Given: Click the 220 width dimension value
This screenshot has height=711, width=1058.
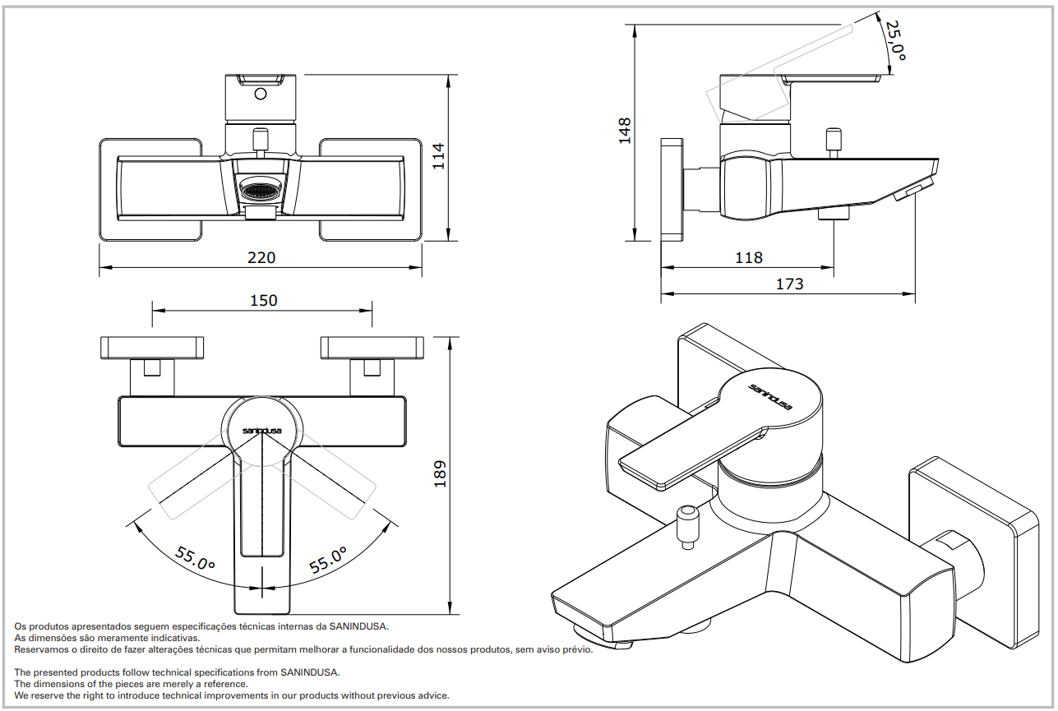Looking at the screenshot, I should (x=261, y=257).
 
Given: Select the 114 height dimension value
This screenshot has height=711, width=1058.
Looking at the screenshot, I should (x=439, y=156).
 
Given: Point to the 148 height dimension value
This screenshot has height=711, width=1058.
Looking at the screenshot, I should (x=625, y=131).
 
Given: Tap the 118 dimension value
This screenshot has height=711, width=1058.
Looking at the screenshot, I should (x=748, y=257).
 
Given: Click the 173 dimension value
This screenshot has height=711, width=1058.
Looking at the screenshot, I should (x=789, y=284).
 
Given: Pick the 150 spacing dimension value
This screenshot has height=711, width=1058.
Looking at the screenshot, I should (x=263, y=301).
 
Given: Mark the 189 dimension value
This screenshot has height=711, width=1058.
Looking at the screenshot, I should (x=440, y=474).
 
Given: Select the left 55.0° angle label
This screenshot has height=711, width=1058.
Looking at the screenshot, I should (x=195, y=560).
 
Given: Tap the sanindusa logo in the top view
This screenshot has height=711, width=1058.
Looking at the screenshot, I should (x=261, y=429).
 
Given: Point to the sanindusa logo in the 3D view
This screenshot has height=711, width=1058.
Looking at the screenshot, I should (x=769, y=396).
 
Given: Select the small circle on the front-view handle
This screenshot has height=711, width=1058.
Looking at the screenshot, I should (x=261, y=93).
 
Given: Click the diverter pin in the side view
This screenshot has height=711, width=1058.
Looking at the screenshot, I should (x=833, y=141).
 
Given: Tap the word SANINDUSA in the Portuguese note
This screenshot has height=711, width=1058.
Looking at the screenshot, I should (x=358, y=626).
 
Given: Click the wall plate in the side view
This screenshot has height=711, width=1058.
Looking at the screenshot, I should (x=672, y=189).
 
